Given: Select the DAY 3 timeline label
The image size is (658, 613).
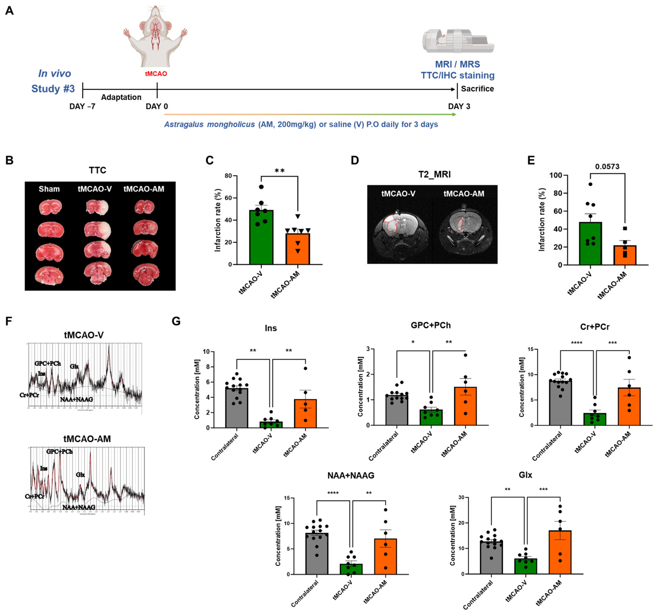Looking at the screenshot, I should tap(459, 106).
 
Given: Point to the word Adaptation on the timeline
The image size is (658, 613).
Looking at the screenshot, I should tap(121, 97).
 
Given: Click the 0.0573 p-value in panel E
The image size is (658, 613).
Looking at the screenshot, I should tap(607, 167).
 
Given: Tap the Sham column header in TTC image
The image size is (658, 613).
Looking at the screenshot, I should tap(49, 189).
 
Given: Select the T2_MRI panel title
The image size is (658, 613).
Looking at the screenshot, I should tap(434, 174).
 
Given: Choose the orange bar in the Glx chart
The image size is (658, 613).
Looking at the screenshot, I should tap(560, 553).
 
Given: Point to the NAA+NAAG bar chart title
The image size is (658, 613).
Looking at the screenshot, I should tap(351, 475).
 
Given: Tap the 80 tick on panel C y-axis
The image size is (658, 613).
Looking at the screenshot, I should tap(228, 176).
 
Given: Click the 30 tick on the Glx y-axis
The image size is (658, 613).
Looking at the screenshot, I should tap(461, 498).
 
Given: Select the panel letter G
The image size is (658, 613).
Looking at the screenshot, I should tap(176, 321).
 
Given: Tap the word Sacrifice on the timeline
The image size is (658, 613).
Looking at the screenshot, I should tap(477, 89).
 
